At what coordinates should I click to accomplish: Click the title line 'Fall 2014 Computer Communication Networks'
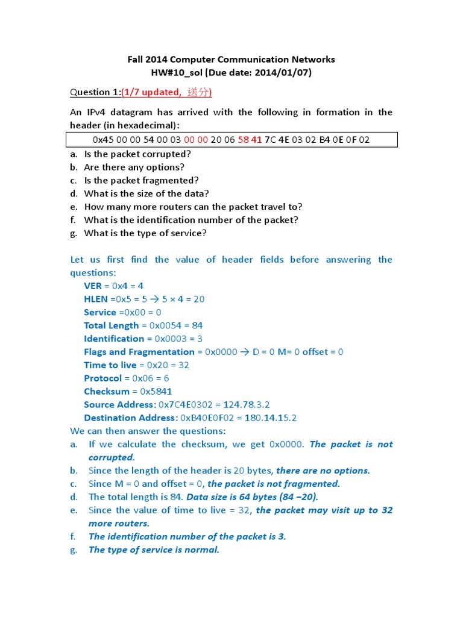tap(231, 59)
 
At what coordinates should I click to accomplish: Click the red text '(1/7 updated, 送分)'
tap(166, 92)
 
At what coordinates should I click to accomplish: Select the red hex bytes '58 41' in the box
tap(250, 140)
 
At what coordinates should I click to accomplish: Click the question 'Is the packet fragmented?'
tap(141, 180)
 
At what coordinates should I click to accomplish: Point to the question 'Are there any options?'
tap(134, 167)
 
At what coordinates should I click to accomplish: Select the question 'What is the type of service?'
tap(145, 233)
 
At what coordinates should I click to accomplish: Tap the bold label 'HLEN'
tap(96, 299)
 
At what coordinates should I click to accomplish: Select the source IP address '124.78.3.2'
tap(246, 405)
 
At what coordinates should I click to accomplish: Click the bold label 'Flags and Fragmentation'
tap(139, 352)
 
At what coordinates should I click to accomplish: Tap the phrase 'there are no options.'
tap(323, 471)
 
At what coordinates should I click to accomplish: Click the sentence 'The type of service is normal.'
tap(154, 550)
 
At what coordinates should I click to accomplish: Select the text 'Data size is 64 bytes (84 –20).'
tap(252, 497)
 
